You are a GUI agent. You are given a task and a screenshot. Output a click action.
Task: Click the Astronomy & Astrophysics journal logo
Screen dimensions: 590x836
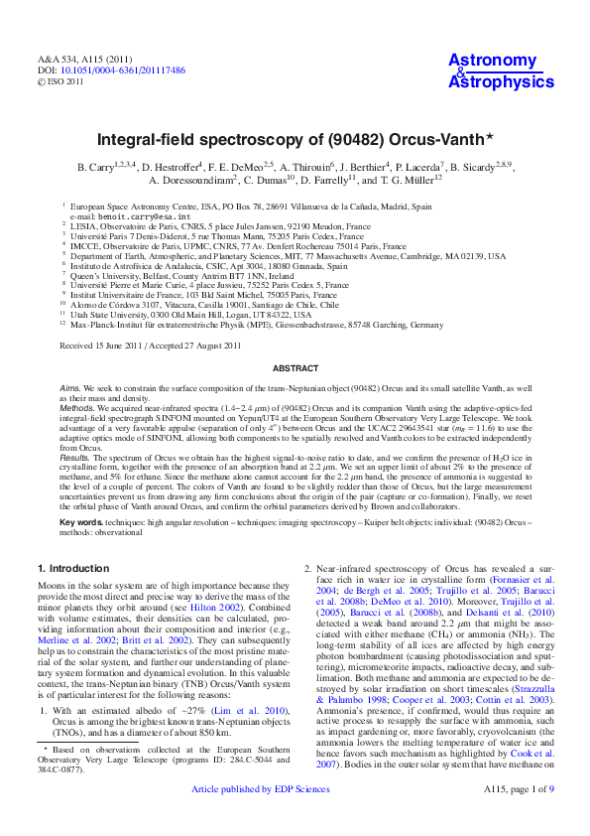[x=501, y=72]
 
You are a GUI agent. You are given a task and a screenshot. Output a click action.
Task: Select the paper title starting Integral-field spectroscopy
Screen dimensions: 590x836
[x=295, y=142]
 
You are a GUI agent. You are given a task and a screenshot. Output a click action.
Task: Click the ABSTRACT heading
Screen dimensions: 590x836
[x=295, y=368]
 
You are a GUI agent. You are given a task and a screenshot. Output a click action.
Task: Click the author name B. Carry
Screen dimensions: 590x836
[x=97, y=167]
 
